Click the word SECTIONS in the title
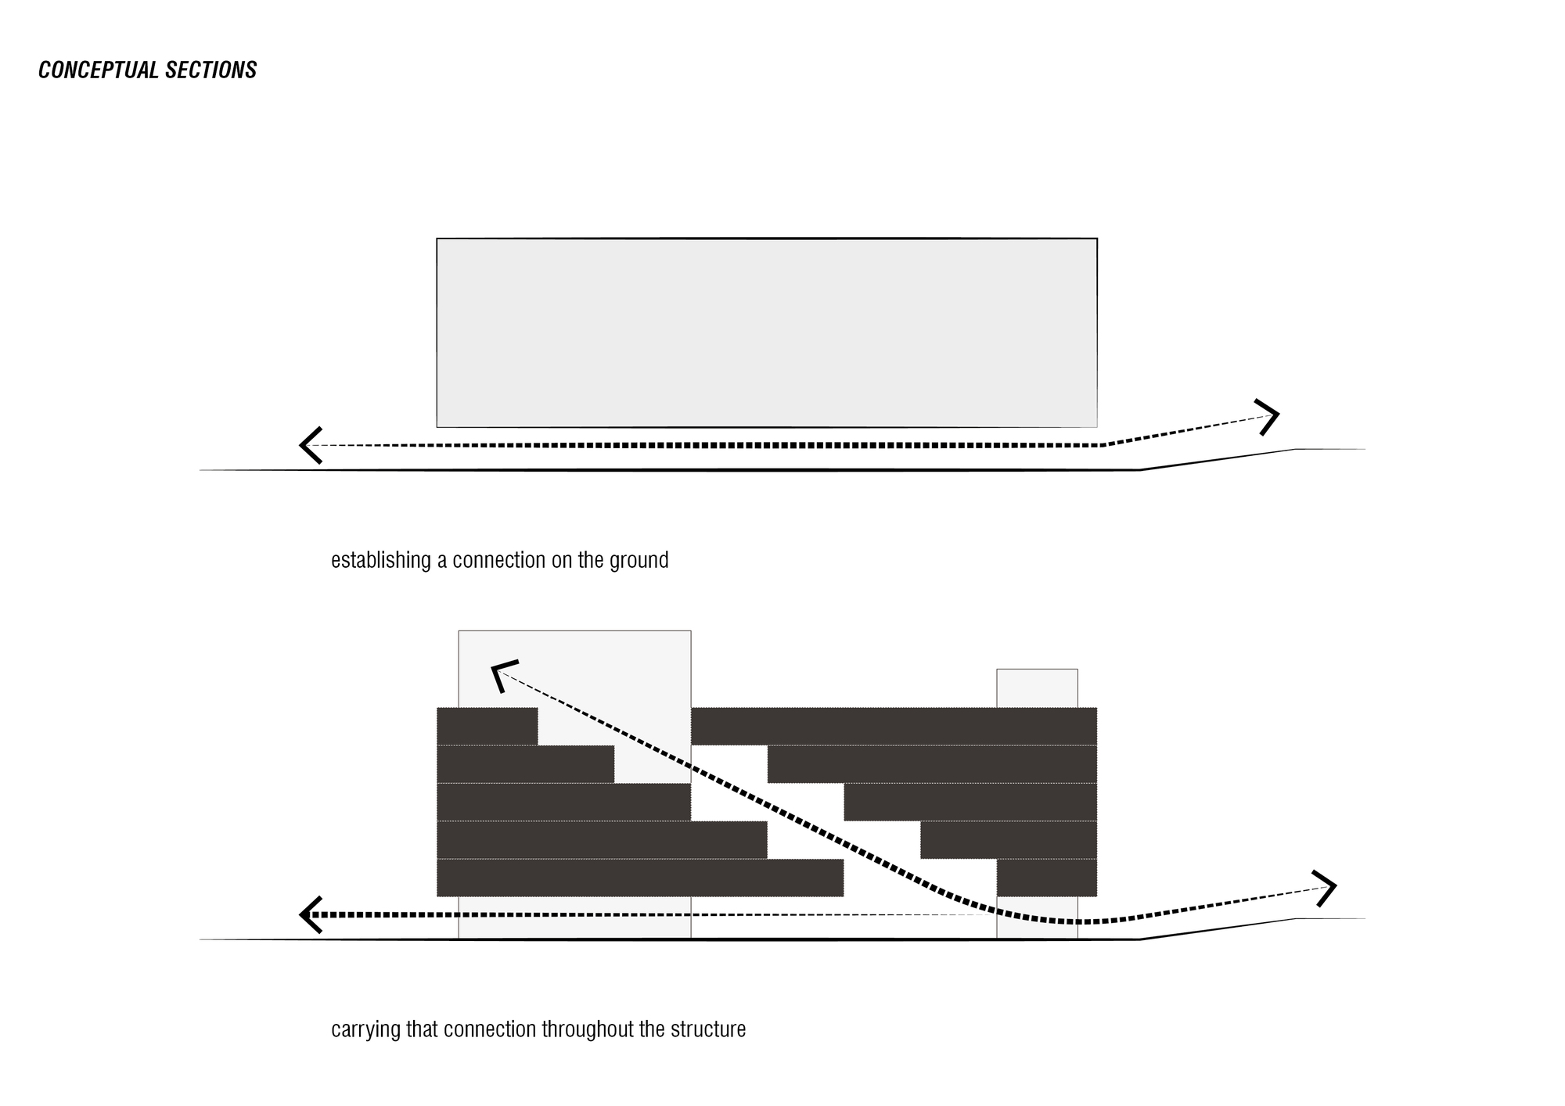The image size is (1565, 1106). tap(211, 70)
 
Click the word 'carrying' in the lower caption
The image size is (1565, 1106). tap(366, 1029)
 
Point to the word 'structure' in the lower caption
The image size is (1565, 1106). tap(708, 1029)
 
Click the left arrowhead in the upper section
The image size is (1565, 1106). tap(309, 445)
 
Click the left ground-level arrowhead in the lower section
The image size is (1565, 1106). tap(310, 914)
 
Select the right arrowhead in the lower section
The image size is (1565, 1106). tap(1326, 888)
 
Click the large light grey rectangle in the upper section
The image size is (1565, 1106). tap(767, 332)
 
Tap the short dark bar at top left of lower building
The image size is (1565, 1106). tap(487, 726)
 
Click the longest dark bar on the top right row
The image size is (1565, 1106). tap(894, 726)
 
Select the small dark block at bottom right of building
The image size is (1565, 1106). tap(1046, 877)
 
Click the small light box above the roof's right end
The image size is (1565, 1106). tap(1037, 688)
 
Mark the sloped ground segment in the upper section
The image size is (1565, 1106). tap(1218, 459)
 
